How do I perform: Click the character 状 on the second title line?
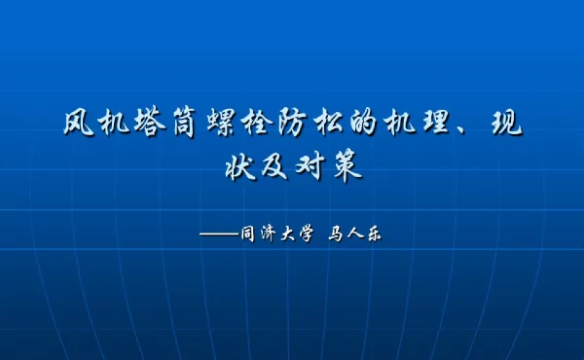tap(240, 166)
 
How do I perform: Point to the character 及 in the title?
tap(275, 166)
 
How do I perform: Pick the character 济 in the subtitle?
tap(272, 234)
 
